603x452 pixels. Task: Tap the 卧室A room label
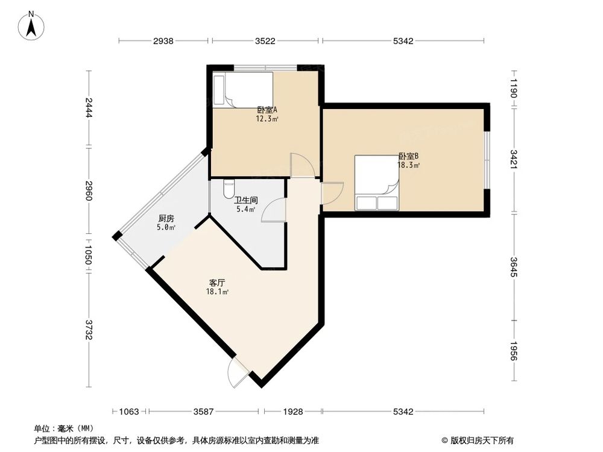267,110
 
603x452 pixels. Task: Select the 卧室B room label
408,155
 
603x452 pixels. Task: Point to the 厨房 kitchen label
166,219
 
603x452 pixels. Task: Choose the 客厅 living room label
217,283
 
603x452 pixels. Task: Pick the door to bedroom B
332,193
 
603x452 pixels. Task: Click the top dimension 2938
163,41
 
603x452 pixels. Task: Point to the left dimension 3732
89,331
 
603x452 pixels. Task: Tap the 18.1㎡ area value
217,292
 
